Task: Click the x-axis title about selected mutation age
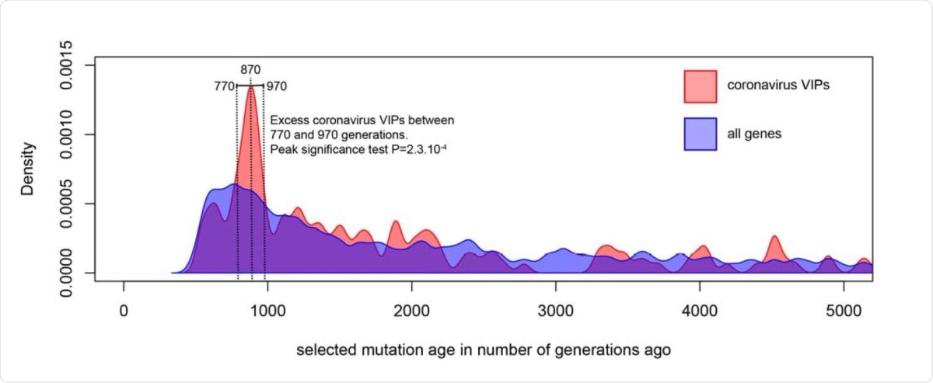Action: click(483, 350)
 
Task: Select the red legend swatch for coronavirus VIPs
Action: click(700, 85)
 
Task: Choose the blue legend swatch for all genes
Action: click(700, 134)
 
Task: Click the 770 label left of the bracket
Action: click(225, 86)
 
